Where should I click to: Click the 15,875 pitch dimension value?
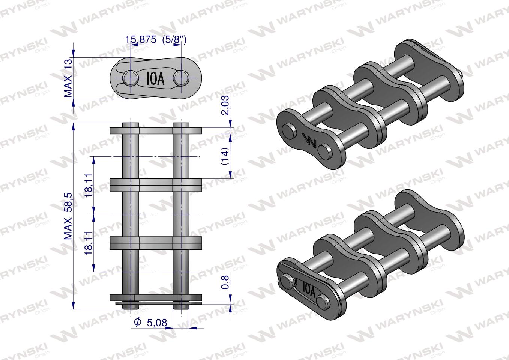click(x=141, y=40)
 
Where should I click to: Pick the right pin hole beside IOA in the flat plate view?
click(x=181, y=78)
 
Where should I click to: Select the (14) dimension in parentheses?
click(x=225, y=156)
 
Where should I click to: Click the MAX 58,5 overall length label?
click(x=68, y=216)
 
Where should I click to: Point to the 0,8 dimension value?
click(x=225, y=281)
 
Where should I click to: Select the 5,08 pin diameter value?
click(x=156, y=322)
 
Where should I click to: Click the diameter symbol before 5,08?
click(x=137, y=322)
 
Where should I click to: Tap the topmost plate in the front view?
click(x=156, y=131)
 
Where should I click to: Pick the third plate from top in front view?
click(x=156, y=242)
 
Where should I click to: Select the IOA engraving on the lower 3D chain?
click(x=308, y=289)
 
